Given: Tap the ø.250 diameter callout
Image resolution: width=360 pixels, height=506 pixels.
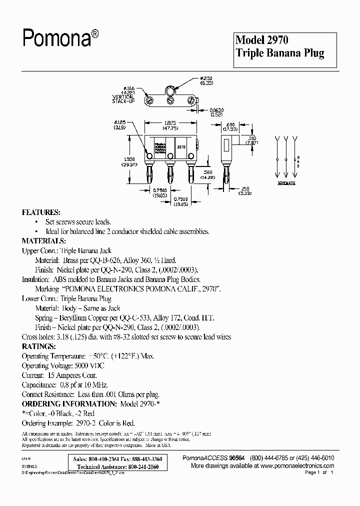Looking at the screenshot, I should click(206, 78).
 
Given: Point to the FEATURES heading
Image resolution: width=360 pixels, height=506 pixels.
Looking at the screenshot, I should click(41, 212).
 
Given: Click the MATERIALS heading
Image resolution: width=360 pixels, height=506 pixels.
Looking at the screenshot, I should click(43, 241).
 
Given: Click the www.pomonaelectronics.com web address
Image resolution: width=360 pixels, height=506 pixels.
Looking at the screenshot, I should click(295, 465).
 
